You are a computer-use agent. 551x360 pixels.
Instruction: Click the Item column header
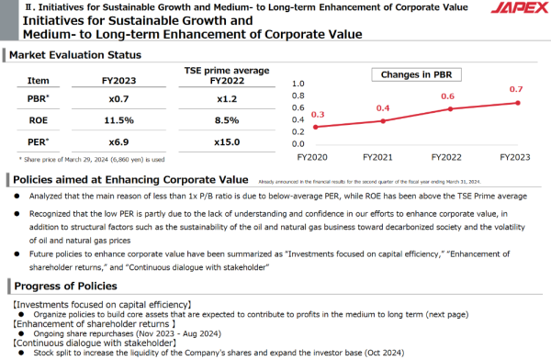[39, 80]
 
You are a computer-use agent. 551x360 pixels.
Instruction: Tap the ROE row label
[39, 120]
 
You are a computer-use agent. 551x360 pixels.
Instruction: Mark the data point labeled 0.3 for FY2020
[316, 126]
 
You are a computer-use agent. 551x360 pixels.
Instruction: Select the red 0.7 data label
[515, 89]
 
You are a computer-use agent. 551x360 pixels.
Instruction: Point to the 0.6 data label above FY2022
[448, 96]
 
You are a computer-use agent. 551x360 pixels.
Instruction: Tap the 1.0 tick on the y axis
[296, 82]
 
